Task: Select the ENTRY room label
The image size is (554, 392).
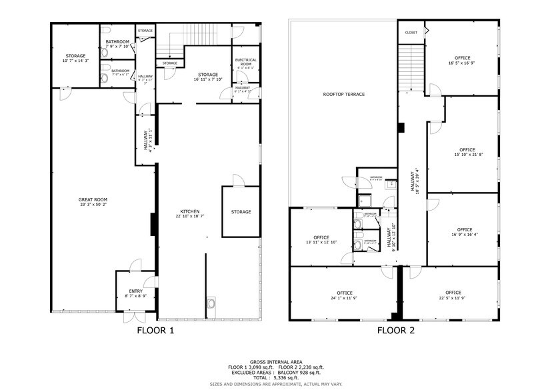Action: click(136, 291)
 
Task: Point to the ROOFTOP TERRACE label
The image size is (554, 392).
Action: click(343, 94)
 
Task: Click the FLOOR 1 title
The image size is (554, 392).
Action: click(155, 329)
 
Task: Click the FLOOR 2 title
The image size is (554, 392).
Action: click(396, 329)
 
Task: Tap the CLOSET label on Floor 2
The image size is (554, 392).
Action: click(411, 32)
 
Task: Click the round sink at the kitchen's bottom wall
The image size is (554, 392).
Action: click(213, 303)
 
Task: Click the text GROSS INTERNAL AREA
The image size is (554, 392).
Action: click(277, 361)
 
